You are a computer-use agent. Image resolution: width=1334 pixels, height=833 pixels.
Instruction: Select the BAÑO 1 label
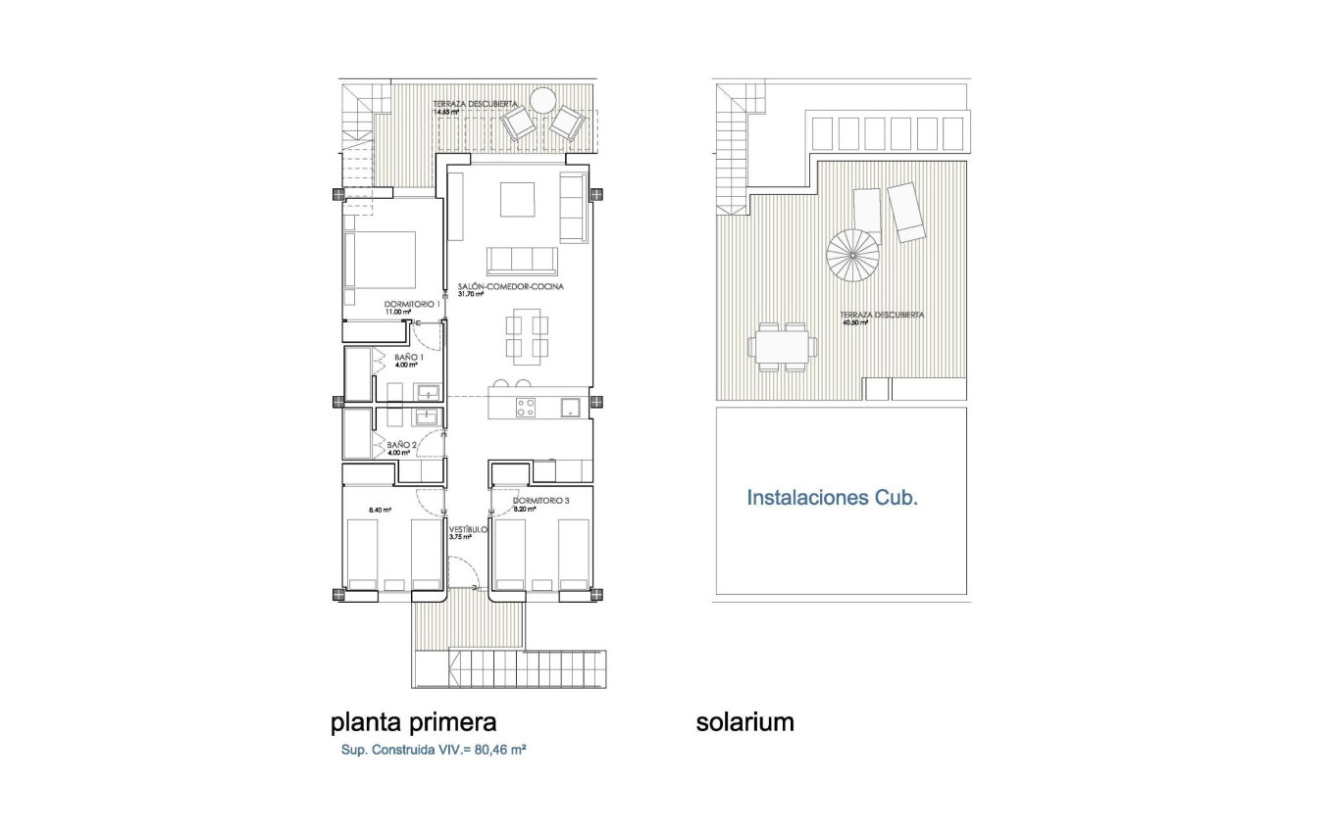[408, 358]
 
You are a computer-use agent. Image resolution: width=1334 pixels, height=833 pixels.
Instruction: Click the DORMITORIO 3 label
[541, 500]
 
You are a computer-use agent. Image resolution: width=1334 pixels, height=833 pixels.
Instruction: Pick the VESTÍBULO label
[469, 529]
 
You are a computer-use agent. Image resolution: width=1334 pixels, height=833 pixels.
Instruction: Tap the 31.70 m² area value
[472, 294]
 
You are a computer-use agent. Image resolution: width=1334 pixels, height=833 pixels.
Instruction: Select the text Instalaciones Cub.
[832, 498]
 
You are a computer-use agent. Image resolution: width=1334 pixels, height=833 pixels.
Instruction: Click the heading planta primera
[413, 722]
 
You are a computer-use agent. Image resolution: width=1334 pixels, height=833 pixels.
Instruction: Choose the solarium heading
[744, 722]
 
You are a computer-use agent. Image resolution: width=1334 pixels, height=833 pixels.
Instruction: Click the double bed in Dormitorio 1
[381, 259]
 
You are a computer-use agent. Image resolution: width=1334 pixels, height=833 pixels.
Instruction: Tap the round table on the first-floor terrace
[541, 100]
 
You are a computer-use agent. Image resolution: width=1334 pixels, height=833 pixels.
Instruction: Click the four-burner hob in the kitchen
[526, 407]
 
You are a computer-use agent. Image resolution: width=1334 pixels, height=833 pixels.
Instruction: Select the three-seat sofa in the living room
[522, 261]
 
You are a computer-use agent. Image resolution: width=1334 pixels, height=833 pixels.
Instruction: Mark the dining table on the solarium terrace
[783, 346]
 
